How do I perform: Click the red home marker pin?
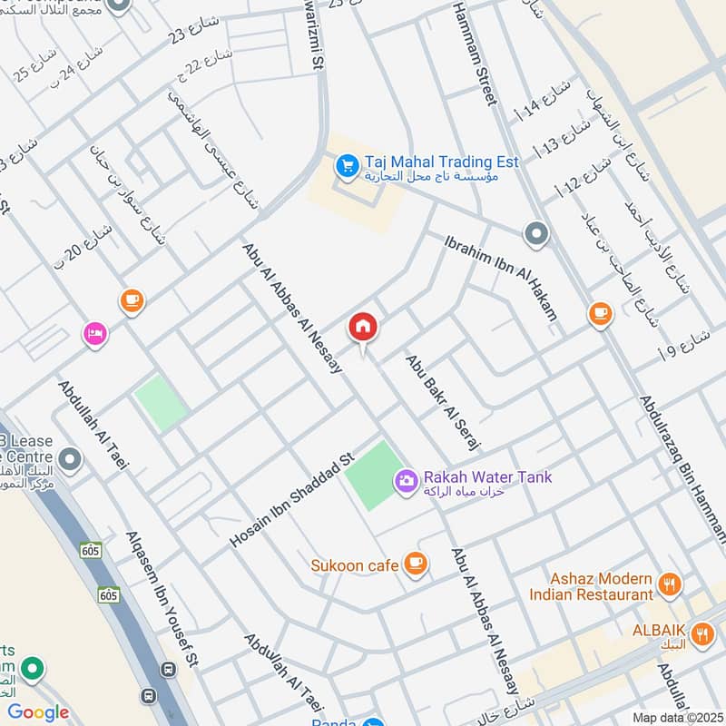click(x=363, y=327)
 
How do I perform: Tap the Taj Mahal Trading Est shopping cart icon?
click(x=346, y=165)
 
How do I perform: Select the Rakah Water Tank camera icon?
click(x=407, y=480)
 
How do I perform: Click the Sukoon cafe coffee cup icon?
click(x=416, y=564)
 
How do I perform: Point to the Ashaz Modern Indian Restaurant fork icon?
click(x=670, y=585)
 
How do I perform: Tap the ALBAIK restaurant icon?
click(x=701, y=634)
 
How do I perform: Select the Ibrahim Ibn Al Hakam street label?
click(x=500, y=279)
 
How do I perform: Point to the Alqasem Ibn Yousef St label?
click(x=162, y=599)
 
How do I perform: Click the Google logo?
click(x=38, y=712)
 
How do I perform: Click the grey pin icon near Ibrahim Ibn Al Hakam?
click(x=536, y=235)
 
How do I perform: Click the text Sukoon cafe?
click(x=355, y=565)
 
